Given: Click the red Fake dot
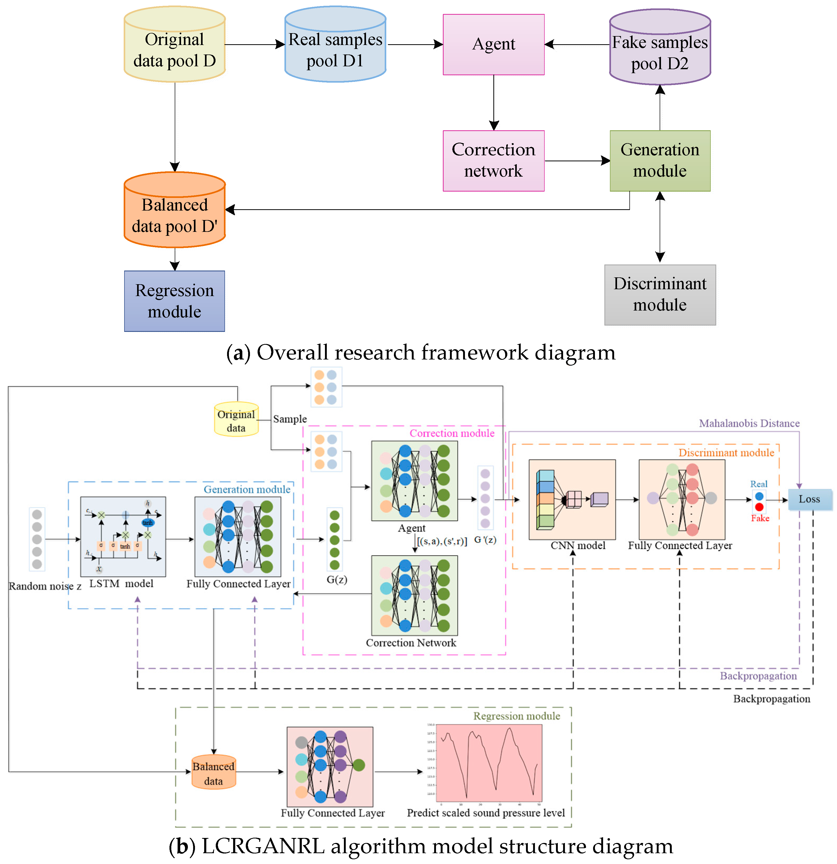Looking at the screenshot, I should [x=759, y=507].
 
